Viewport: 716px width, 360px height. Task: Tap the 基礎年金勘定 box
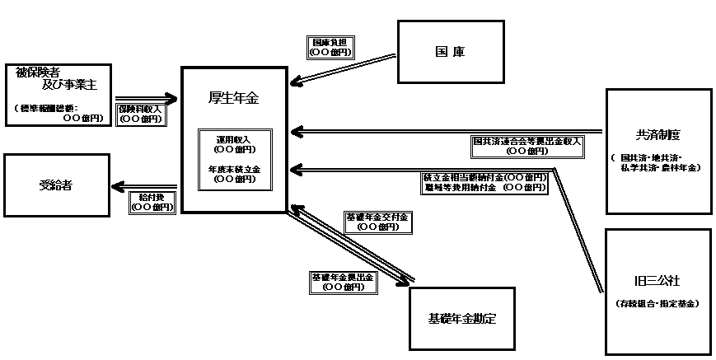point(461,318)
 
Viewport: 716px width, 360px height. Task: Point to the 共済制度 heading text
point(658,135)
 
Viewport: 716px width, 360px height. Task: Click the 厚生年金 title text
point(233,99)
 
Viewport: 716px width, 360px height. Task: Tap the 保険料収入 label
point(141,114)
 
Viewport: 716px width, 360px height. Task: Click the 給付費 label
point(152,203)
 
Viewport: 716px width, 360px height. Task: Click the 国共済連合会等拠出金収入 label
point(526,145)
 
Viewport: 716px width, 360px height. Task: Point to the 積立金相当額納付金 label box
point(484,182)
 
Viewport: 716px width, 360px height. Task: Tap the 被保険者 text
point(39,72)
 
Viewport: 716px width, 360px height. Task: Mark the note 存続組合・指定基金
point(658,304)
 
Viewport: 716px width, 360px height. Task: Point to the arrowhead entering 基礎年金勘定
point(405,282)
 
